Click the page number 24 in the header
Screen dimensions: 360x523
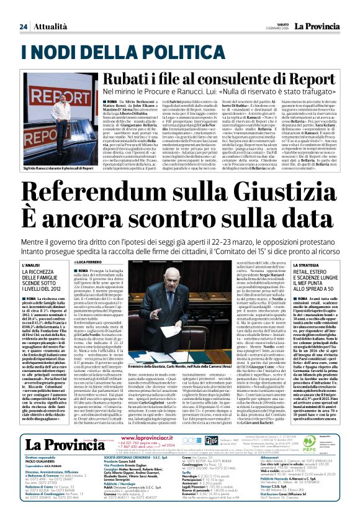[x=23, y=26]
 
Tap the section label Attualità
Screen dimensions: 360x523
[x=51, y=26]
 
